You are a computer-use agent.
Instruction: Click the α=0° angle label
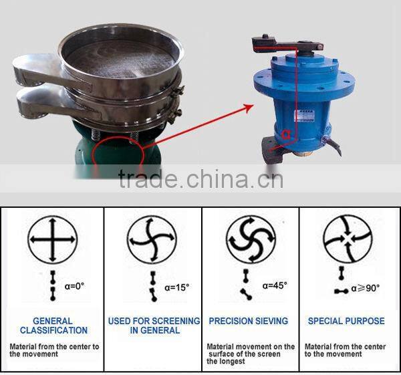tap(74, 286)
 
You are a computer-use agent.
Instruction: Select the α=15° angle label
tap(176, 288)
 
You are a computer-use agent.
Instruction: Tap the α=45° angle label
tap(275, 285)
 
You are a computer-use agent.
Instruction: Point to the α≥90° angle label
tap(365, 288)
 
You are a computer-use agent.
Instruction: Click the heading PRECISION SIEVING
tap(249, 321)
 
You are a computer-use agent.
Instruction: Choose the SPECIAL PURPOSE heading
tap(346, 321)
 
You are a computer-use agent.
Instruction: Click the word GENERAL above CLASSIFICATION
tap(53, 321)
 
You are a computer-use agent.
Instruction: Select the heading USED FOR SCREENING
tap(154, 321)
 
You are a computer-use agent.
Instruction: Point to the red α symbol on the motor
tap(286, 135)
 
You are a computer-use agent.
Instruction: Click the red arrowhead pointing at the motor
tap(249, 108)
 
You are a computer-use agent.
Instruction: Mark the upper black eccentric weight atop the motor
tap(287, 44)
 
